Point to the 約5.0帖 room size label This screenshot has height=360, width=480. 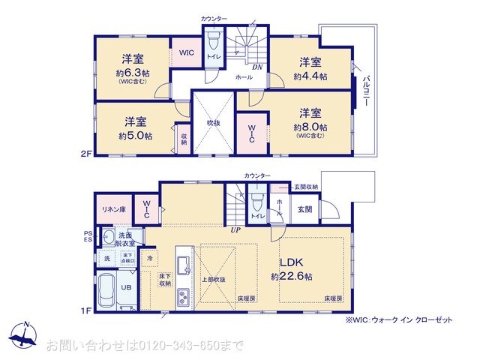(135, 136)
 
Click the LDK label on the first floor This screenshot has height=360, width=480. (292, 263)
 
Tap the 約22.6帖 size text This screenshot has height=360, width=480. (292, 276)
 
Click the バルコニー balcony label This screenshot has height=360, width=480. (366, 91)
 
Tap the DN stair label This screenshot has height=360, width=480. (256, 67)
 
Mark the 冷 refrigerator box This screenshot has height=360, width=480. (150, 259)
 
